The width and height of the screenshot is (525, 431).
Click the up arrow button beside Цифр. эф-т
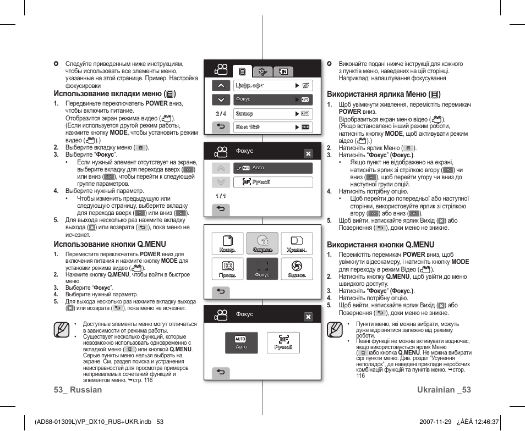coord(221,85)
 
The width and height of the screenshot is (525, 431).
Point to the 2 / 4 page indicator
coord(221,114)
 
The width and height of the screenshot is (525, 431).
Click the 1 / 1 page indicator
coord(221,196)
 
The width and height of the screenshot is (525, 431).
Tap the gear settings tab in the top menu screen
coord(262,71)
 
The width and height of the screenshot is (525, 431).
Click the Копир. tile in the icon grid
coord(228,245)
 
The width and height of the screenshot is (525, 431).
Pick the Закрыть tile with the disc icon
coord(262,245)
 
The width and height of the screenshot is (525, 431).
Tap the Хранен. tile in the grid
coord(297,245)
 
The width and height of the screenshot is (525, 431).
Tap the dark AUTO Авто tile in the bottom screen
coord(241,343)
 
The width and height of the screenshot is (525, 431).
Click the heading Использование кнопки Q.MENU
coord(110,244)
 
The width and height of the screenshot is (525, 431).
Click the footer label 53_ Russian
coord(78,389)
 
